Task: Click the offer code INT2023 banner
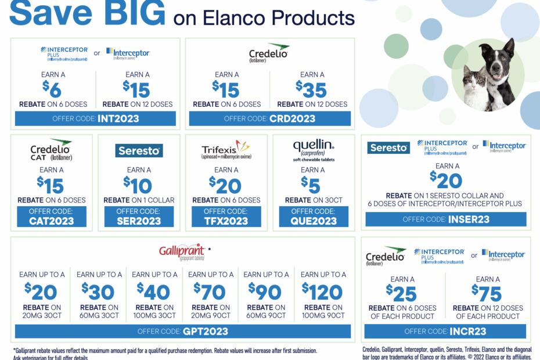[x=96, y=118]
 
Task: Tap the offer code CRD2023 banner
[x=269, y=118]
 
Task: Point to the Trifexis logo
[x=226, y=149]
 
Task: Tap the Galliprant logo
[x=182, y=251]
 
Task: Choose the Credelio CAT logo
[x=51, y=150]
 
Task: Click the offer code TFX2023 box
[x=226, y=217]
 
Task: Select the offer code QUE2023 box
[x=314, y=217]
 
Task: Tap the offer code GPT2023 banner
[x=183, y=332]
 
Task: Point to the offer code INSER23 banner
[x=445, y=219]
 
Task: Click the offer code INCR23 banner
[x=445, y=332]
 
